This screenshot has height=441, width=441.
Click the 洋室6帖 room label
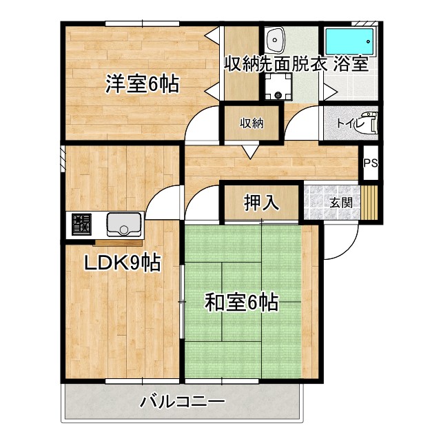click(142, 84)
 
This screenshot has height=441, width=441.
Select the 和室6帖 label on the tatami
click(241, 302)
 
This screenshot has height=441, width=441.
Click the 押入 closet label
click(261, 203)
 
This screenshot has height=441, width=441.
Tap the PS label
click(371, 163)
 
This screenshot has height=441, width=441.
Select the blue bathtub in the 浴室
click(350, 41)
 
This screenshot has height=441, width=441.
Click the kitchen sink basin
click(124, 224)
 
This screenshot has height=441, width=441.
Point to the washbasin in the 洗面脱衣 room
click(277, 40)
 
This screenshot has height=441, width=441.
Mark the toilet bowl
click(370, 125)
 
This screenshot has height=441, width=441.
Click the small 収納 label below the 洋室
click(252, 124)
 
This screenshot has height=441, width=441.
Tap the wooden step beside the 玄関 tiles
click(371, 203)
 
